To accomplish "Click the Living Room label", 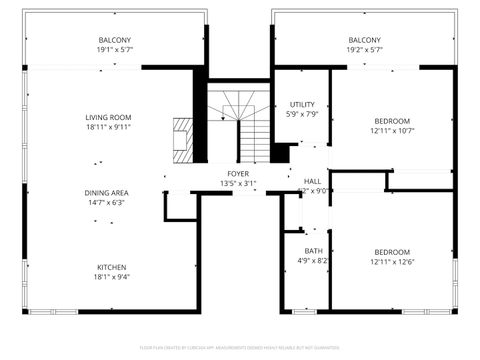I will coord(108,118).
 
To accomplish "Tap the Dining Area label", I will coord(106,192).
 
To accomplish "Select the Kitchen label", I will coord(110,267).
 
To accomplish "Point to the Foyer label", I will coord(237,174).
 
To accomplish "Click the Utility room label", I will coord(302,104).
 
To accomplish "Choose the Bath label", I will coord(314,251).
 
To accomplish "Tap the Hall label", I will coord(313,181).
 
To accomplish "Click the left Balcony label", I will coord(115,40).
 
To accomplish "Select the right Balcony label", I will coord(364,40).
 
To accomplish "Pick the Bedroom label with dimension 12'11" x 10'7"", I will coord(392,121).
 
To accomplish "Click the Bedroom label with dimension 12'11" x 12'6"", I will coord(392,252).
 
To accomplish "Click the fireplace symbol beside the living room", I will coord(183,139).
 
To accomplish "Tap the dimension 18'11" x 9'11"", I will coord(108,127).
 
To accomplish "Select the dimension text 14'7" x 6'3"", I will coord(106,202).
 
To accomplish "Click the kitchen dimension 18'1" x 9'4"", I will coord(110,277).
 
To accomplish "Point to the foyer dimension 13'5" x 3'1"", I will coord(237,184).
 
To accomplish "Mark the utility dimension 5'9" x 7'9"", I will coord(302,114).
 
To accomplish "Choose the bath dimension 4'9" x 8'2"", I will coord(314,261).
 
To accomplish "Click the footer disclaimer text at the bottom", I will coord(240,347).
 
